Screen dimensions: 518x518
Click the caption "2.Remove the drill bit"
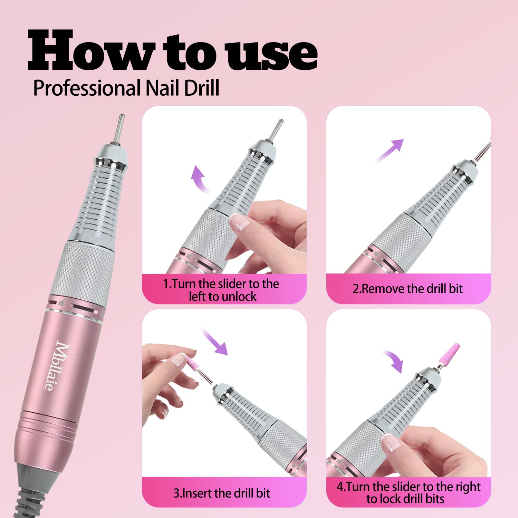click(407, 289)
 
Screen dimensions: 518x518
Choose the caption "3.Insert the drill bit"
click(222, 493)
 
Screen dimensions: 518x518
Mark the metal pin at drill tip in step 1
click(275, 129)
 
